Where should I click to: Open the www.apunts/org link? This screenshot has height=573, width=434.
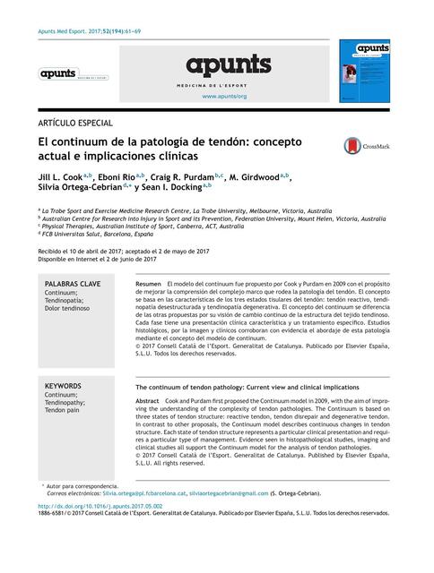pos(224,96)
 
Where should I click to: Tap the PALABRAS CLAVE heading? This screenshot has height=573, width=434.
pos(73,283)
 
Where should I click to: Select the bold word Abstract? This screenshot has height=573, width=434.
pos(147,400)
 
